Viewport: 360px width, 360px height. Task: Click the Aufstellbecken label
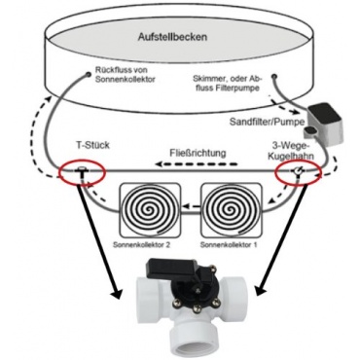click(x=172, y=37)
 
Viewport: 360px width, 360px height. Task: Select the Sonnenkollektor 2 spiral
click(x=151, y=209)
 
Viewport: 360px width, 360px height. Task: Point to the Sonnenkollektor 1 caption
click(x=229, y=245)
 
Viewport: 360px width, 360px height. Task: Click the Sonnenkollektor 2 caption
click(x=141, y=245)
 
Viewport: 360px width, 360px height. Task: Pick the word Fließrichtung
click(x=198, y=153)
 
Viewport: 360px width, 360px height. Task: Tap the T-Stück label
click(x=93, y=145)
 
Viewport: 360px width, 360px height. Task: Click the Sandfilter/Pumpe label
click(x=267, y=122)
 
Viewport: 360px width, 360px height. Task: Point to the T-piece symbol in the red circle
click(x=81, y=171)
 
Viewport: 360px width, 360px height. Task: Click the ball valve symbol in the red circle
click(x=299, y=171)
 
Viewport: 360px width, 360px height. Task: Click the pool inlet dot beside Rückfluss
click(x=89, y=75)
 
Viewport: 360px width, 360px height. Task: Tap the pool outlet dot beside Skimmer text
click(x=274, y=77)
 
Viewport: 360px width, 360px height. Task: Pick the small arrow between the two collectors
click(x=192, y=205)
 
